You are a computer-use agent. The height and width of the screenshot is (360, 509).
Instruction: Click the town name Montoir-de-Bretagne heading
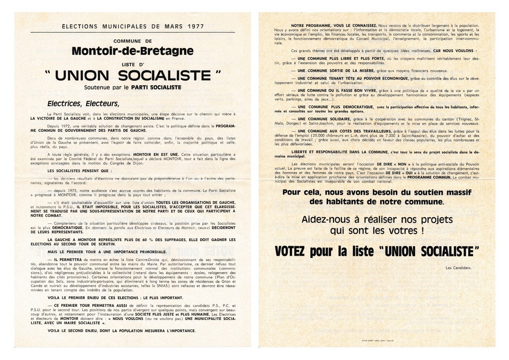[x=132, y=51]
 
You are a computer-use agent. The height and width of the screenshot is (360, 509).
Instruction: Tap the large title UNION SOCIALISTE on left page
[x=133, y=76]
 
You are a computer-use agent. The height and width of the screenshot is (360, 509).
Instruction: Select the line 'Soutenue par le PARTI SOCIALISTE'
[x=133, y=88]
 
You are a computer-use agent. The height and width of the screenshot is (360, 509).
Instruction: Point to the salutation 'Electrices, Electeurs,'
[x=83, y=104]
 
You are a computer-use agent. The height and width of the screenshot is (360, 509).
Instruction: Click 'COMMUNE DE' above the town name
[x=133, y=41]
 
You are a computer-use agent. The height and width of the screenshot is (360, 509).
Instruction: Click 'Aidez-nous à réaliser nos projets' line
[x=377, y=220]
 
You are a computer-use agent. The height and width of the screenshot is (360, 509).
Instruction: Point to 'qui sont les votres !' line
[x=377, y=231]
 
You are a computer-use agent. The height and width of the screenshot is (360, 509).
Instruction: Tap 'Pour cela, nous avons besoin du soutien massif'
[x=377, y=192]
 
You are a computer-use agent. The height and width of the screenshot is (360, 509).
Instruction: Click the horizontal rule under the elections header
[x=133, y=32]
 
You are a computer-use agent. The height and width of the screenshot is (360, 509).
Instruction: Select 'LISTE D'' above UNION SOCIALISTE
[x=132, y=64]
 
